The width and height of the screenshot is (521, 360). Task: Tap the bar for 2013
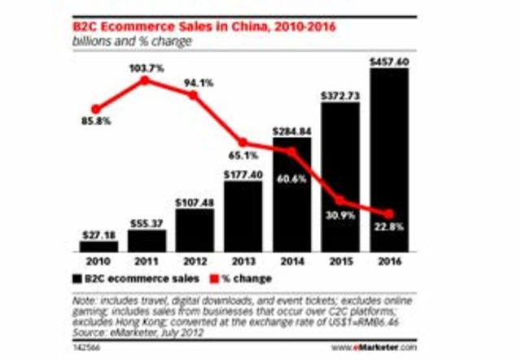coord(243,216)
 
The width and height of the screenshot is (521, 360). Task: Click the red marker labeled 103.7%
coord(145,80)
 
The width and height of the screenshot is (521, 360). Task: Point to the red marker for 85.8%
coord(97,108)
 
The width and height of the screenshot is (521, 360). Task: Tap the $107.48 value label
coord(195,202)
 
